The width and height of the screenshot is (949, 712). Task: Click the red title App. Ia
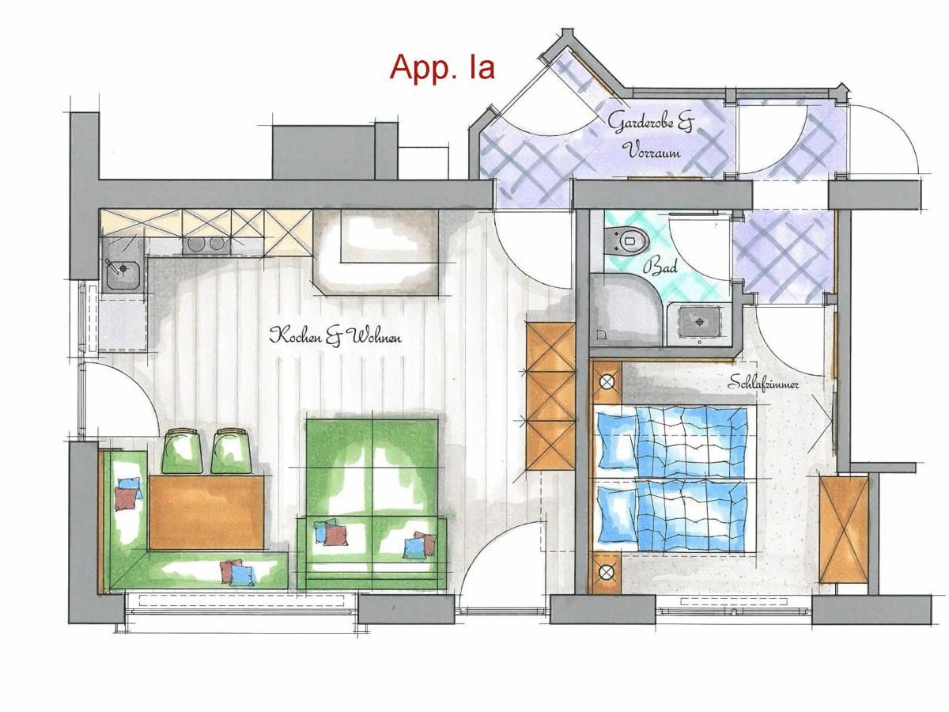[x=442, y=68]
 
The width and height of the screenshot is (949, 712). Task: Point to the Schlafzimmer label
[x=763, y=383]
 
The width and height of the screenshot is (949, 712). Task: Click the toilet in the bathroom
[x=628, y=240]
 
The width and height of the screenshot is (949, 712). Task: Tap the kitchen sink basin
[x=123, y=275]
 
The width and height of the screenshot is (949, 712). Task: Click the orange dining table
[x=206, y=513]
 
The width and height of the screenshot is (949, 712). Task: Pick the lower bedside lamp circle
[x=607, y=573]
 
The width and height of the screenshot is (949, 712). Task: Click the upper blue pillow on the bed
[x=615, y=439]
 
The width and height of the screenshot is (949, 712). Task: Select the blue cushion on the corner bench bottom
[x=242, y=575]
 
